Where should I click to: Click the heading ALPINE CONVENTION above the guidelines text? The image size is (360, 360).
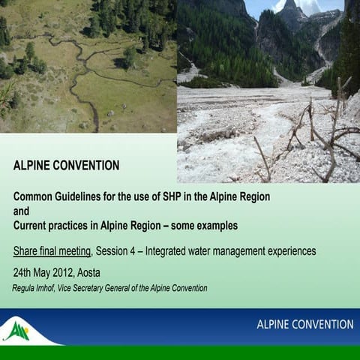(x=66, y=165)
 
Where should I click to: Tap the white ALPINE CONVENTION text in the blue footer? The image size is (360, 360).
(x=304, y=325)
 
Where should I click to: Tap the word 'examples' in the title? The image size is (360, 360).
(x=214, y=225)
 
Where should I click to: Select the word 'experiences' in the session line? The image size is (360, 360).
(x=289, y=250)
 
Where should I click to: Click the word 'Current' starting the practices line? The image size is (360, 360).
(x=32, y=225)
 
